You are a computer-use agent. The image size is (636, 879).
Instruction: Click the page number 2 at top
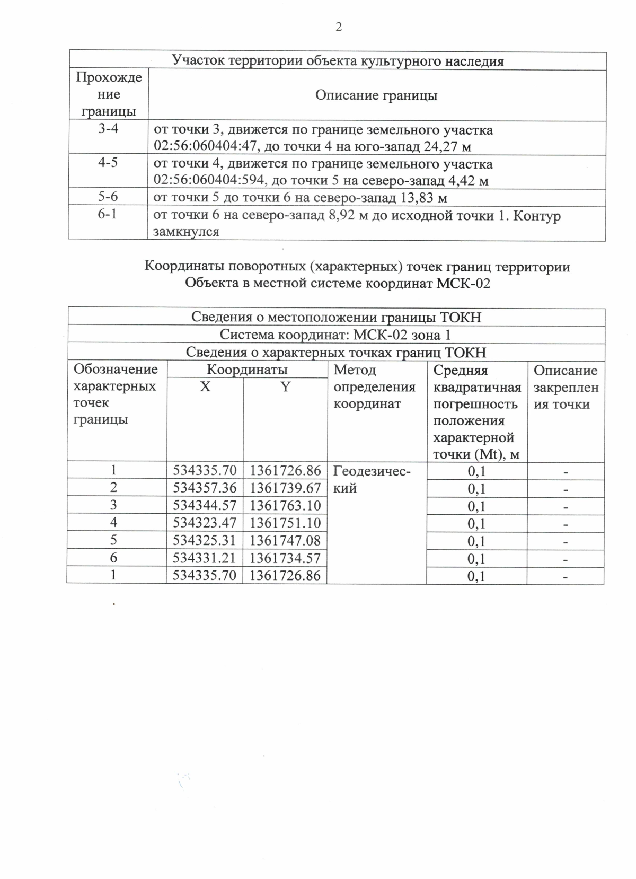338,27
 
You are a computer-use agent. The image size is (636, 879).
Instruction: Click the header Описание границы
376,95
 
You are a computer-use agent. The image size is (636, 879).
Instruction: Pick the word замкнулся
186,232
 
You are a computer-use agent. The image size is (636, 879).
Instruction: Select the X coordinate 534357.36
205,488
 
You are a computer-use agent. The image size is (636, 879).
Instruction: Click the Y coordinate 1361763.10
285,505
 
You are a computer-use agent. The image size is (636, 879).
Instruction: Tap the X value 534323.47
205,523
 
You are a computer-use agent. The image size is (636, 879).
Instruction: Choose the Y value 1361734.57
285,558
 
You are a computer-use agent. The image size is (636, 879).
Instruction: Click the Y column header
285,387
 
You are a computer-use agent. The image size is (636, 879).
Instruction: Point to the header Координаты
247,370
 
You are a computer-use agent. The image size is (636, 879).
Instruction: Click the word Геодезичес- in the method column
372,471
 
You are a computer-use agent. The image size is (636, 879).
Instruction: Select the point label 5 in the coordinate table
113,540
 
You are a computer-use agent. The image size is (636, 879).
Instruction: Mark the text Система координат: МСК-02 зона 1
335,335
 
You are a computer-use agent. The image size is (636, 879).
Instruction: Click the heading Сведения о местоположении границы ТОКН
336,317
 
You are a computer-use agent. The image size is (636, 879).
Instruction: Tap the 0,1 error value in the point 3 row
476,506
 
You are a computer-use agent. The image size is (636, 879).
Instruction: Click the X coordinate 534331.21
205,558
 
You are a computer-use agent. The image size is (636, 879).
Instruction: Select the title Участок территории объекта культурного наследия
338,61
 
